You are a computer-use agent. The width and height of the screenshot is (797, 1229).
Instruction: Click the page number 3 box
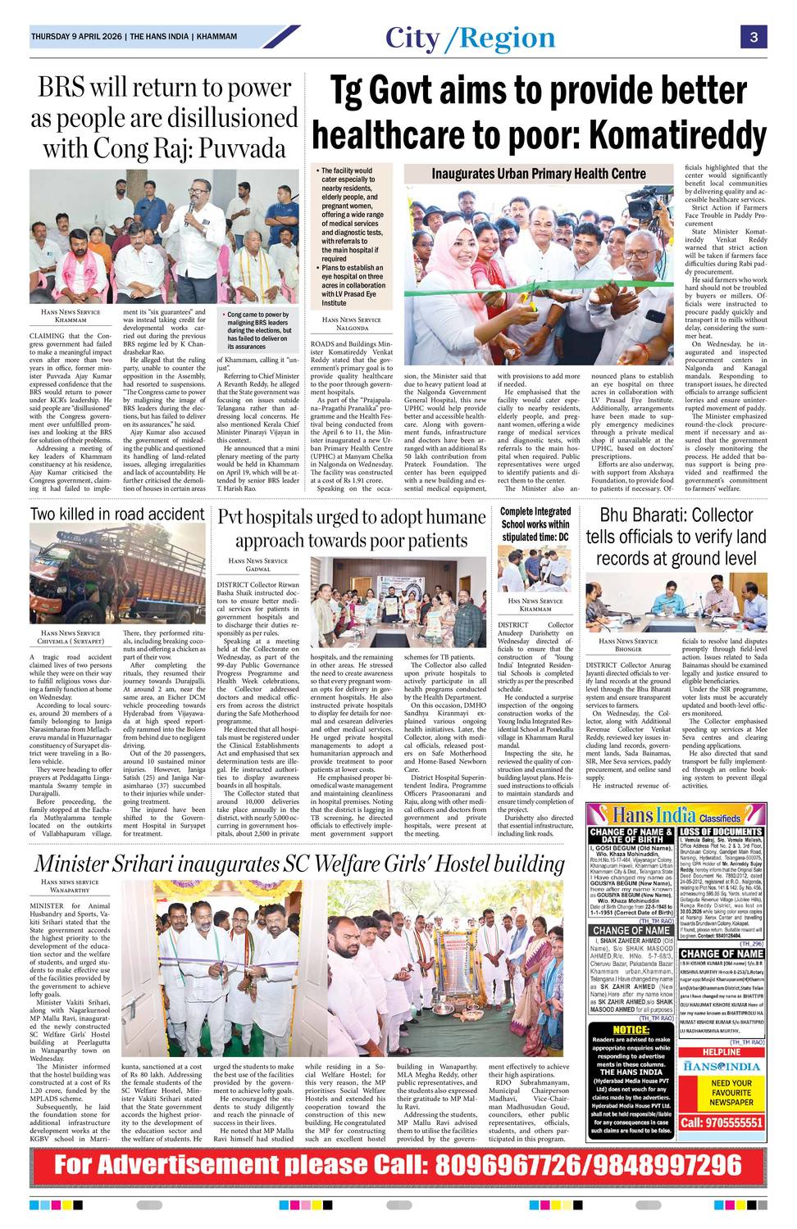click(x=753, y=37)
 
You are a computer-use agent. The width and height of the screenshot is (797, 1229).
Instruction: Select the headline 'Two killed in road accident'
click(x=117, y=514)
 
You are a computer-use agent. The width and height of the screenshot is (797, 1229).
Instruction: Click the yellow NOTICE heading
click(x=631, y=1029)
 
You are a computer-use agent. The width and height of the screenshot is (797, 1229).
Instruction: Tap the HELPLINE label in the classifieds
click(x=721, y=1052)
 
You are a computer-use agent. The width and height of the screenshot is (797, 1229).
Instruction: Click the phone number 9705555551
click(x=721, y=1122)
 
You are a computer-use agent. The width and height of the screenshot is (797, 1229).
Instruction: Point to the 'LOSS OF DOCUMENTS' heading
click(x=722, y=832)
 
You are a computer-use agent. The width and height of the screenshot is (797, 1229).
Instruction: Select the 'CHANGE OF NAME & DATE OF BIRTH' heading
click(x=631, y=836)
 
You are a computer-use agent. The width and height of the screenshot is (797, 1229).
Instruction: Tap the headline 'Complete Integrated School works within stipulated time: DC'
click(x=535, y=524)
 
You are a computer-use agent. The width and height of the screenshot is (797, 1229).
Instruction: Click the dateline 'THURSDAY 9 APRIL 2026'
click(x=77, y=37)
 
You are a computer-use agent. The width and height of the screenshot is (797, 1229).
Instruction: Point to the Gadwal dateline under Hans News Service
click(x=257, y=569)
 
